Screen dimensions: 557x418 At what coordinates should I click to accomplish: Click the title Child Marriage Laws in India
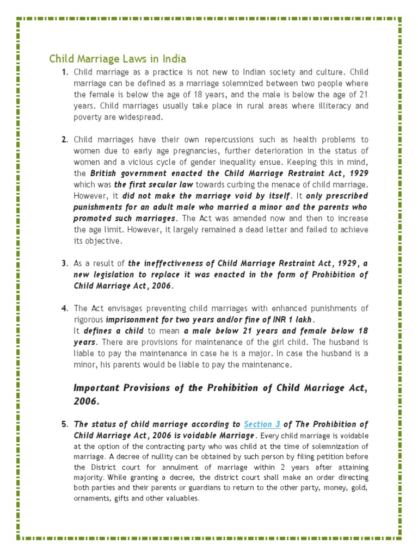tap(118, 58)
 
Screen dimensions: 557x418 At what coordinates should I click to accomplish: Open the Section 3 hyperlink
tap(262, 424)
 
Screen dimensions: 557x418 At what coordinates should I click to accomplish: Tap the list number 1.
tap(64, 72)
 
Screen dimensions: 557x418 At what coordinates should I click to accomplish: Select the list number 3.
tap(64, 263)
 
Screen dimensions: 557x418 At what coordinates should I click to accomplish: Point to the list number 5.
tap(64, 424)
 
